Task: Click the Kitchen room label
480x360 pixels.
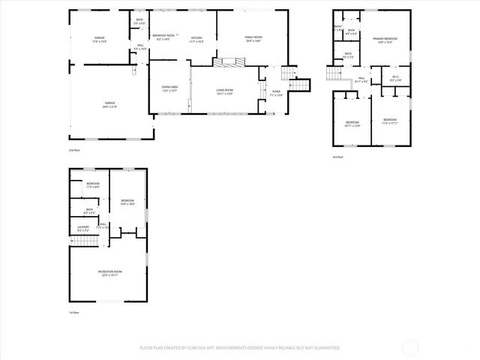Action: (196, 39)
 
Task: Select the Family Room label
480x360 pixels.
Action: (253, 39)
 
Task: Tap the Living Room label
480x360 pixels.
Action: (225, 92)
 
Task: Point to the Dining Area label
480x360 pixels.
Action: (169, 89)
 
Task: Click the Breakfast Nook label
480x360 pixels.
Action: (163, 37)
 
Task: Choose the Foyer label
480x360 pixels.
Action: (276, 93)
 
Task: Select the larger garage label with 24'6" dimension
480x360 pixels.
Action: (109, 104)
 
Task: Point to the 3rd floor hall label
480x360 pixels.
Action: (361, 79)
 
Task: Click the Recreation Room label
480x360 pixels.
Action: (109, 273)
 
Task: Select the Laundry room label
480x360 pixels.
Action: (83, 227)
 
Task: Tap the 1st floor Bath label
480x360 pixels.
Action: (89, 211)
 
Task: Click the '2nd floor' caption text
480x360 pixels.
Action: (74, 151)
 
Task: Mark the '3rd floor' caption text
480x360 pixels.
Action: (338, 157)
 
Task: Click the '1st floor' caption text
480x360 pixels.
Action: (74, 312)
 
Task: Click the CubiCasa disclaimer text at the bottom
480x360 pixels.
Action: (239, 348)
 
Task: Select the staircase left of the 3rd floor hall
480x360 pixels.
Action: (334, 73)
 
